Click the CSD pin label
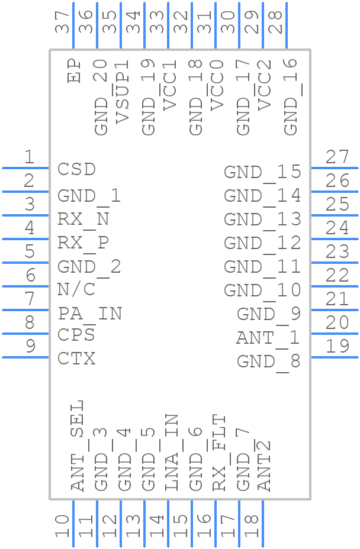pyautogui.click(x=76, y=169)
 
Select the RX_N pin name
pyautogui.click(x=83, y=219)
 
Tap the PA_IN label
pyautogui.click(x=90, y=314)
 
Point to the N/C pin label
pyautogui.click(x=76, y=289)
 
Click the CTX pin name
pyautogui.click(x=76, y=359)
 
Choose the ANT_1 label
pyautogui.click(x=268, y=338)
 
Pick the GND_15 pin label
pyautogui.click(x=262, y=172)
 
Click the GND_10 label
pyautogui.click(x=262, y=290)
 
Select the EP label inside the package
pyautogui.click(x=74, y=70)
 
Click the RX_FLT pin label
pyautogui.click(x=218, y=453)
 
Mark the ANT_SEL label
pyautogui.click(x=77, y=445)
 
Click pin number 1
pyautogui.click(x=29, y=157)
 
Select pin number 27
pyautogui.click(x=337, y=157)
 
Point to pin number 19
pyautogui.click(x=337, y=346)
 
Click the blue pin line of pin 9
pyautogui.click(x=26, y=357)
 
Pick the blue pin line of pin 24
pyautogui.click(x=335, y=239)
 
